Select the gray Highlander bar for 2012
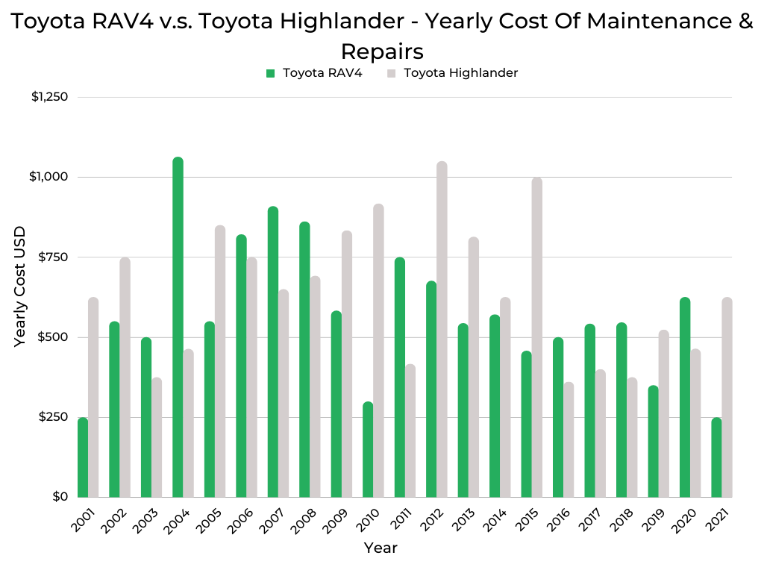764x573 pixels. click(x=442, y=329)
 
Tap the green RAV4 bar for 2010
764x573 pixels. click(x=368, y=449)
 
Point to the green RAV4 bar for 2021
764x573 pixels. click(x=716, y=457)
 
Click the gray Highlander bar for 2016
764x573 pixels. click(x=569, y=439)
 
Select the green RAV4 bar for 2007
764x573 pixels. click(x=273, y=351)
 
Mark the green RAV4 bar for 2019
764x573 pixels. click(x=653, y=441)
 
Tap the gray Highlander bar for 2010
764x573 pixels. click(x=378, y=351)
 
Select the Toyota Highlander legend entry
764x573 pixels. click(x=460, y=73)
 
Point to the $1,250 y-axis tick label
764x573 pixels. click(x=49, y=97)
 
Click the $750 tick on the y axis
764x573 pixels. click(x=53, y=257)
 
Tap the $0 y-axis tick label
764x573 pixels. click(x=60, y=497)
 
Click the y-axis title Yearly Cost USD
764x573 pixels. click(x=21, y=286)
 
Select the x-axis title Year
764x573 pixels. click(x=381, y=548)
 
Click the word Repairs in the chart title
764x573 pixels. click(x=382, y=51)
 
